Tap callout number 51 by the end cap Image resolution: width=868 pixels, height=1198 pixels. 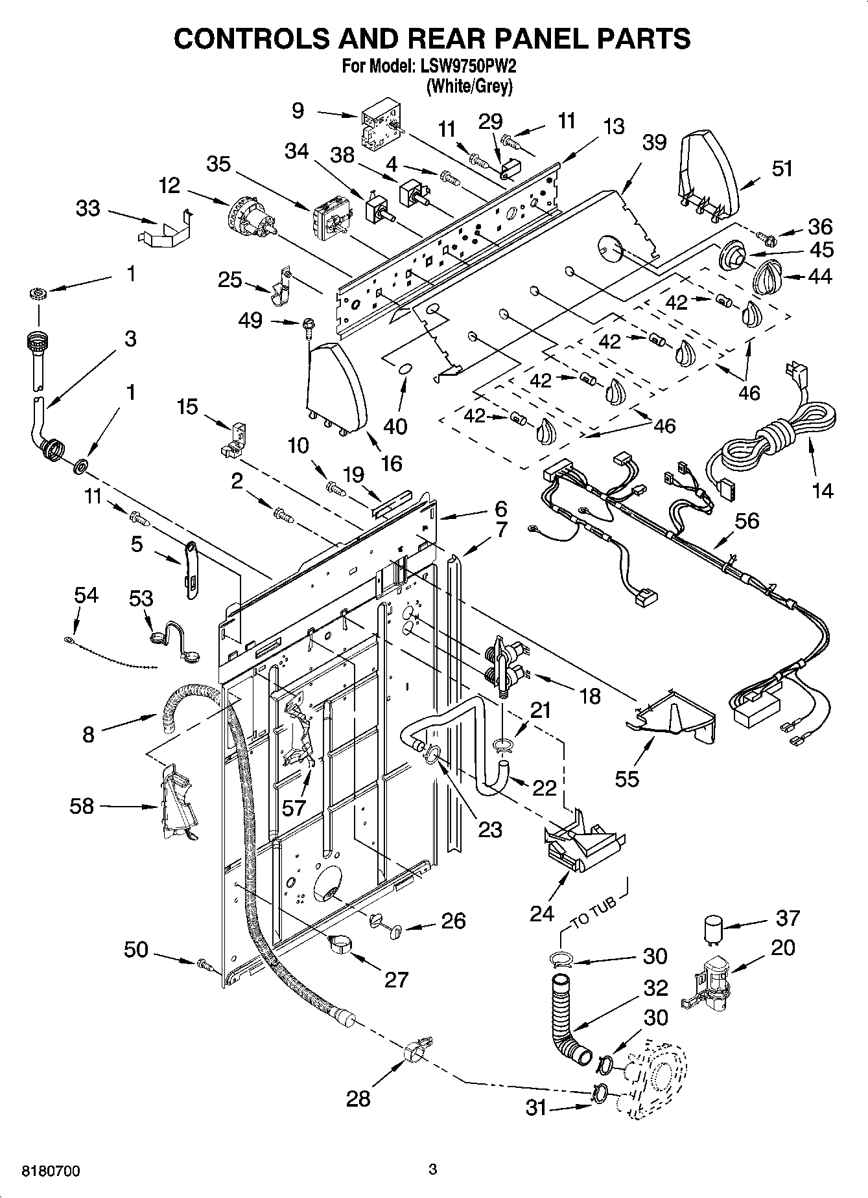782,168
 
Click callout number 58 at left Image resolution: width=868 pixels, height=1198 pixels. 82,806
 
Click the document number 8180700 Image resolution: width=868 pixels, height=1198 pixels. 52,1171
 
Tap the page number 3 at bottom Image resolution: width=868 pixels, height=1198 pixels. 433,1170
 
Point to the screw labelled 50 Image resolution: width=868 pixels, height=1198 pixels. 205,965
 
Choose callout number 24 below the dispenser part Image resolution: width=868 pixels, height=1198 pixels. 542,914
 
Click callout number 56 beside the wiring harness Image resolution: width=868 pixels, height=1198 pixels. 746,520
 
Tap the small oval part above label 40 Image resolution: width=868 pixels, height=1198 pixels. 404,368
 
